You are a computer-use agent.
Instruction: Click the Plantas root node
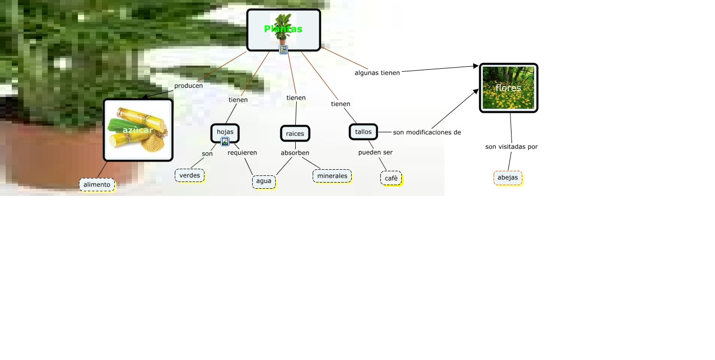click(x=283, y=29)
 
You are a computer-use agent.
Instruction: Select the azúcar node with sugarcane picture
click(x=138, y=130)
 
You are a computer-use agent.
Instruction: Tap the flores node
click(x=508, y=88)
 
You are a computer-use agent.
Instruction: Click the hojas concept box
click(x=225, y=131)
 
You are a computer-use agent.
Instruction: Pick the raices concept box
click(x=295, y=133)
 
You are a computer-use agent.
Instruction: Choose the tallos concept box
click(x=363, y=132)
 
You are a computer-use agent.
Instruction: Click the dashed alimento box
click(x=97, y=185)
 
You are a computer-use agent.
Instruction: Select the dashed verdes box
click(x=190, y=175)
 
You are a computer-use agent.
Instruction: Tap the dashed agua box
click(x=264, y=181)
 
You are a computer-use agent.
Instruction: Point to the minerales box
click(x=332, y=176)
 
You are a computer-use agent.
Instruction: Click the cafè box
click(x=391, y=178)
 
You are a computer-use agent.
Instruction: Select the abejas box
click(x=508, y=178)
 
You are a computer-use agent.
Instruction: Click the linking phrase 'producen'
click(x=188, y=86)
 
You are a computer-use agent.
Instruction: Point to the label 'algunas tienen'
click(x=377, y=73)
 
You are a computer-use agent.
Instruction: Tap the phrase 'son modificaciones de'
click(x=427, y=132)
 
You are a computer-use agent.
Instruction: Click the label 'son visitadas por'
click(x=512, y=147)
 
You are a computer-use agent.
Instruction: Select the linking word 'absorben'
click(x=295, y=153)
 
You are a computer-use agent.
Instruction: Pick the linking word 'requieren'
click(x=242, y=153)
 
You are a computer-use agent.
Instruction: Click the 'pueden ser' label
click(x=375, y=152)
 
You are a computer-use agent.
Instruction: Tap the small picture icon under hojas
click(x=225, y=142)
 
